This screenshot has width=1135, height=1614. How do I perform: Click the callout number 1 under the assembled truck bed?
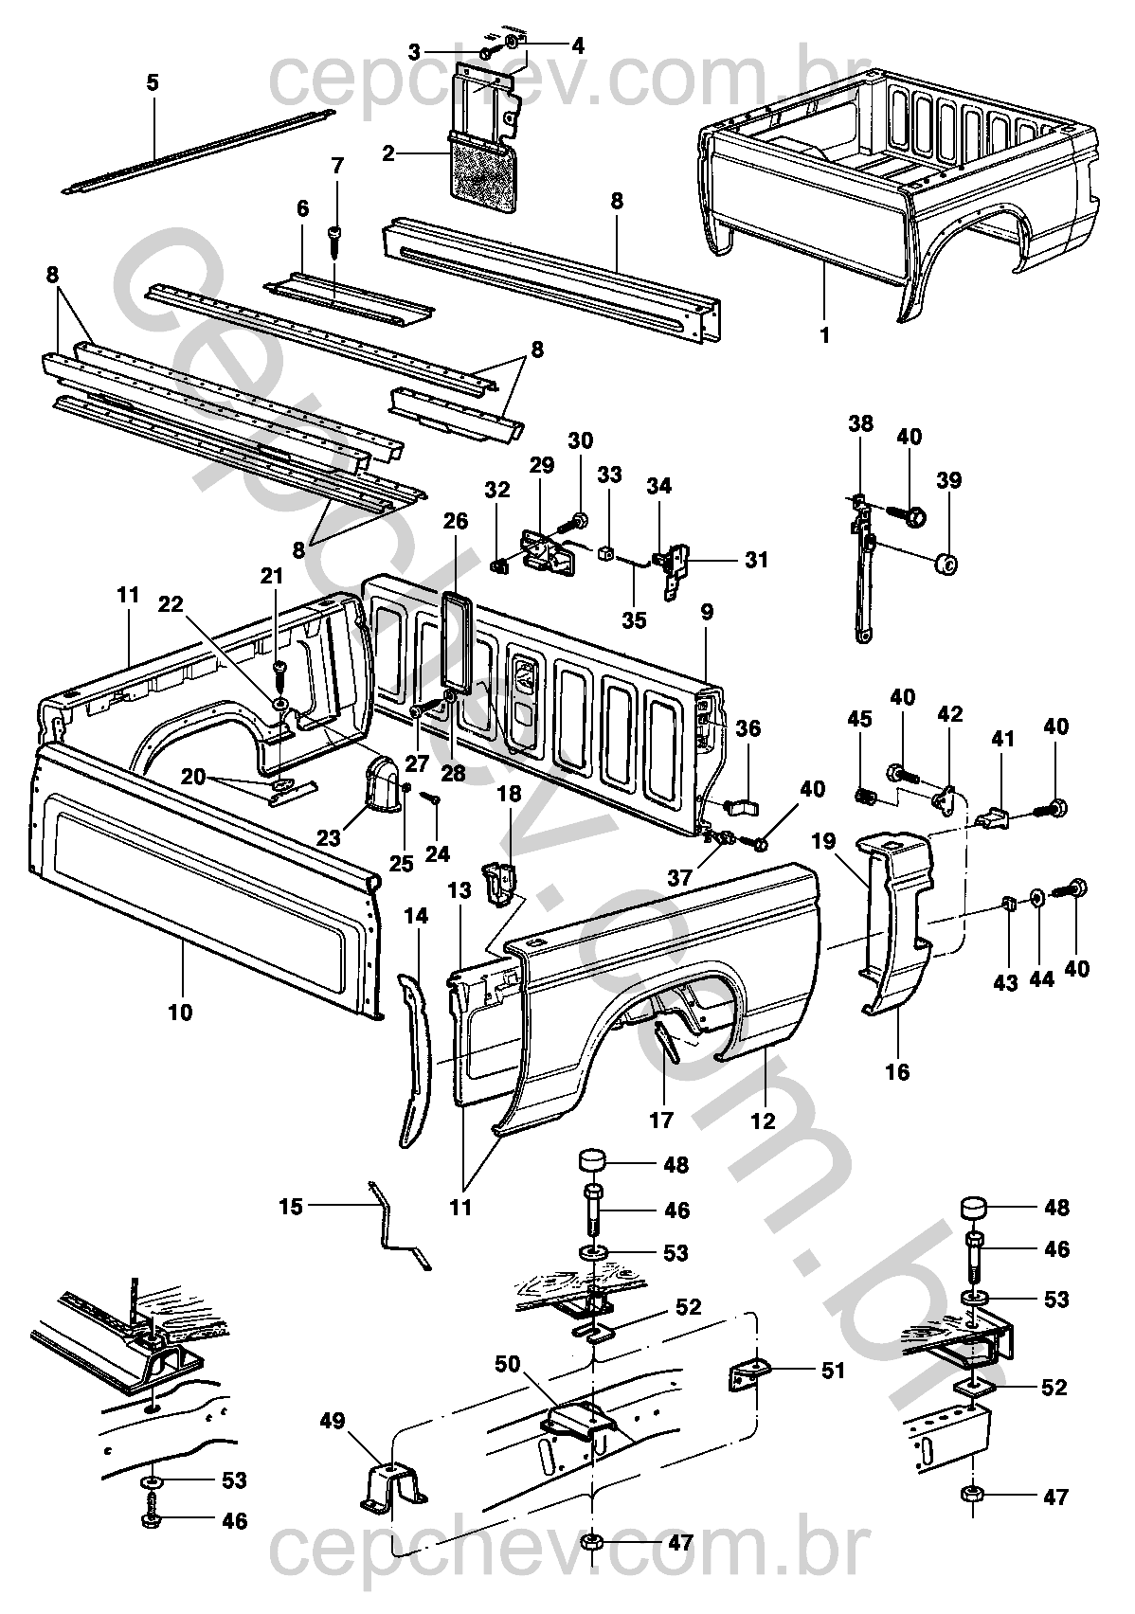[824, 335]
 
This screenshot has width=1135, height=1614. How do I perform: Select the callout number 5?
[152, 82]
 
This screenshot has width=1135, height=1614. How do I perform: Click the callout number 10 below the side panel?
[181, 1013]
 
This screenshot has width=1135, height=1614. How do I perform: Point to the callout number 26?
[456, 521]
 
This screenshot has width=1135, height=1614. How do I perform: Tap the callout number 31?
[756, 560]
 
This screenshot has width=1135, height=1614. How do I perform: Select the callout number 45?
[859, 719]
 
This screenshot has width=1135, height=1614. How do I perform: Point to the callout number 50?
[507, 1365]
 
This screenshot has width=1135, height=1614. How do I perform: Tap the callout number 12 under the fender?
[763, 1121]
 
